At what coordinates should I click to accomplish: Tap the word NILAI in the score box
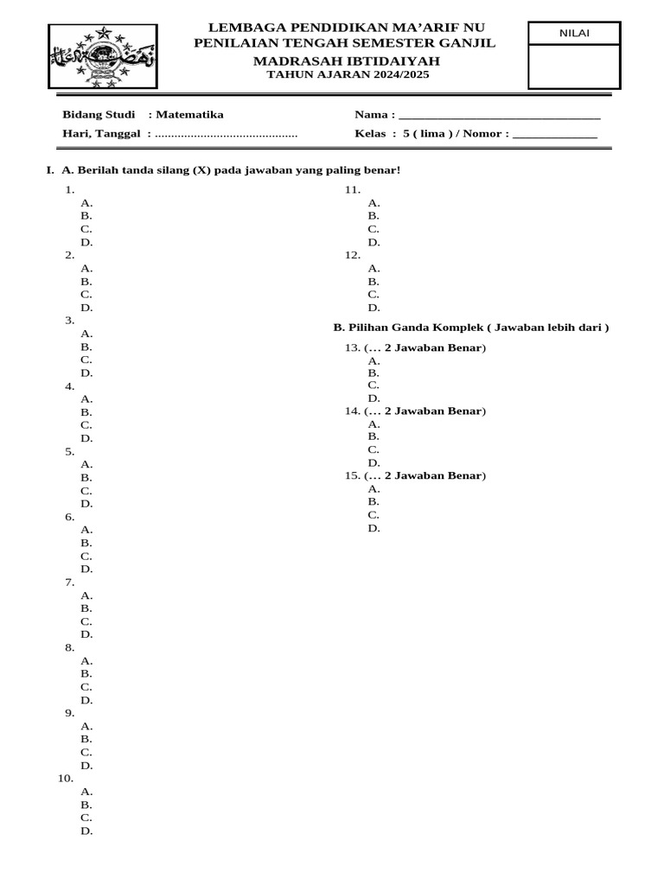point(574,34)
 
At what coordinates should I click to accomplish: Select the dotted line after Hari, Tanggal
point(227,135)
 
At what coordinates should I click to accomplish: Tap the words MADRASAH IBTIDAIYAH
point(346,60)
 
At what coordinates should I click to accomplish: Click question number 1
point(69,189)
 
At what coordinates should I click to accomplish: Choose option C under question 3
point(86,360)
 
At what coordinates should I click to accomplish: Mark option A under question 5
point(86,464)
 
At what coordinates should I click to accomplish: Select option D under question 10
point(86,831)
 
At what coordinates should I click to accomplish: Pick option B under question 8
point(86,673)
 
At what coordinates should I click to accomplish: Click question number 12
point(352,255)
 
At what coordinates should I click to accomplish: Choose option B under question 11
point(373,216)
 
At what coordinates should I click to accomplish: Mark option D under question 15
point(373,527)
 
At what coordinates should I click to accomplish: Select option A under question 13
point(373,360)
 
